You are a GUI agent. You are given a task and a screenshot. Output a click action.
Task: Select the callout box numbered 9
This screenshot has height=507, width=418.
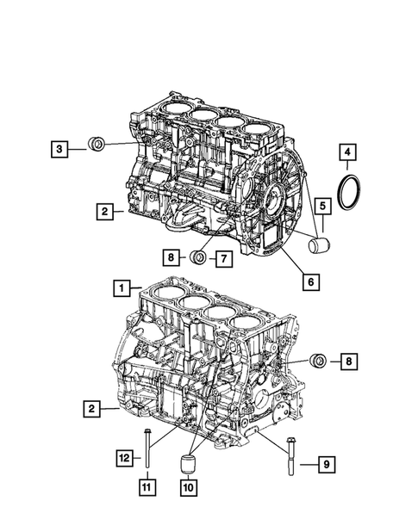[x=327, y=466]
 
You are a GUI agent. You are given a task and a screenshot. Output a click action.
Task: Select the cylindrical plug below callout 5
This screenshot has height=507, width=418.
[x=320, y=248]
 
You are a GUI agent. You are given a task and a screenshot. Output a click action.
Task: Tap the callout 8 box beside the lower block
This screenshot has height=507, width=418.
[x=348, y=363]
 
